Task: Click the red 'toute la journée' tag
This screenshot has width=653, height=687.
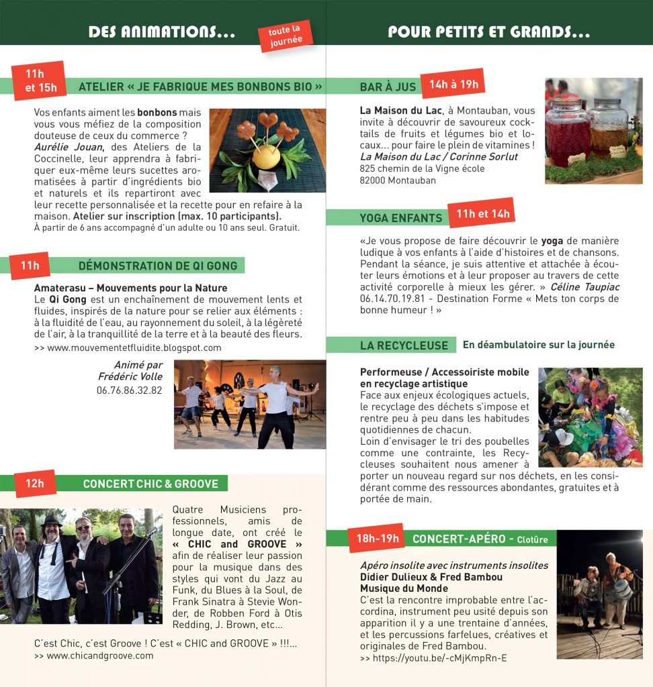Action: (x=286, y=36)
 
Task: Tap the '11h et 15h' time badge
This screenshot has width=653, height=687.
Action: (x=40, y=80)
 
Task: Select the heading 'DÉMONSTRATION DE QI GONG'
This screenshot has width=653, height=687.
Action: (x=158, y=266)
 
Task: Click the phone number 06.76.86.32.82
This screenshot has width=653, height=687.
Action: (x=129, y=390)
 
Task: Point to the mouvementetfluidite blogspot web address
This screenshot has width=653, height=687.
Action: (x=128, y=348)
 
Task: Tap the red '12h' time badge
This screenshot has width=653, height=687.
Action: (x=35, y=483)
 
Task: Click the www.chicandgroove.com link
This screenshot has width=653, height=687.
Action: (x=93, y=655)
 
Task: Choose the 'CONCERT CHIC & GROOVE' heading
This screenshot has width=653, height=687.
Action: (x=150, y=484)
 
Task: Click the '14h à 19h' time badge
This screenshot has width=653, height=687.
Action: (x=453, y=84)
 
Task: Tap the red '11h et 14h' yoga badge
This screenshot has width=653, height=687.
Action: (x=482, y=214)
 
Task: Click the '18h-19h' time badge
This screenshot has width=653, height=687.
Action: (x=377, y=538)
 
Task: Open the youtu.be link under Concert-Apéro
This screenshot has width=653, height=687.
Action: (x=433, y=659)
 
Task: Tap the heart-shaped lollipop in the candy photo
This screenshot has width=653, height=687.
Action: (x=267, y=121)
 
